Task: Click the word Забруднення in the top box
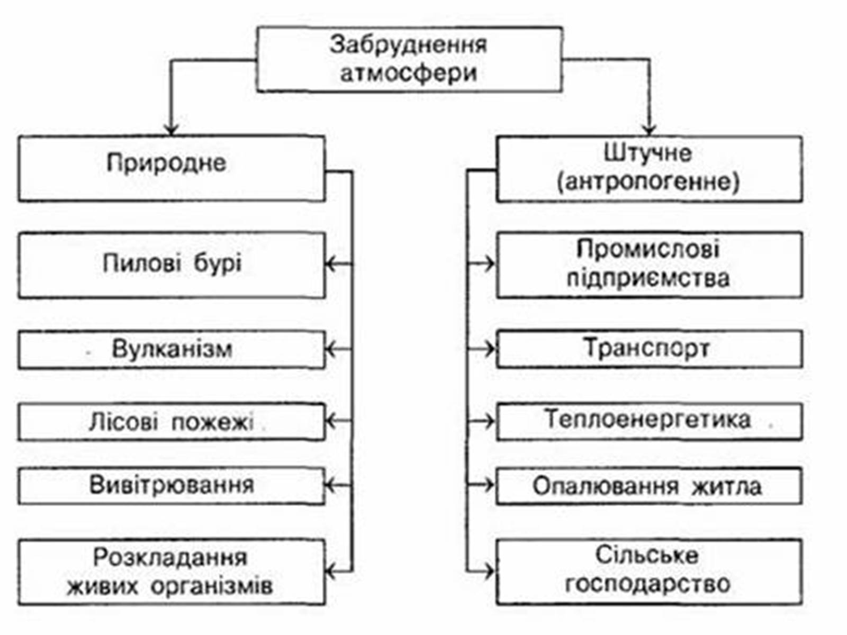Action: (x=408, y=45)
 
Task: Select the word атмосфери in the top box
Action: (x=408, y=73)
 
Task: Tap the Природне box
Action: (x=171, y=168)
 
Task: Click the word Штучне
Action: (x=647, y=153)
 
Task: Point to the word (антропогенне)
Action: (x=648, y=182)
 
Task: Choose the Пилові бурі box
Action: (x=171, y=265)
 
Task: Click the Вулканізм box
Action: (x=171, y=349)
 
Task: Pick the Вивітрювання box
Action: (x=171, y=485)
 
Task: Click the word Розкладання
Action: (x=170, y=557)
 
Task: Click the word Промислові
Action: (x=647, y=249)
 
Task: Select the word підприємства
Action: (x=648, y=278)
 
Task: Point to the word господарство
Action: (x=647, y=584)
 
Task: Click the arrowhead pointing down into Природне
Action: (x=170, y=130)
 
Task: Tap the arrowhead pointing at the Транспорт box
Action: (x=490, y=349)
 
